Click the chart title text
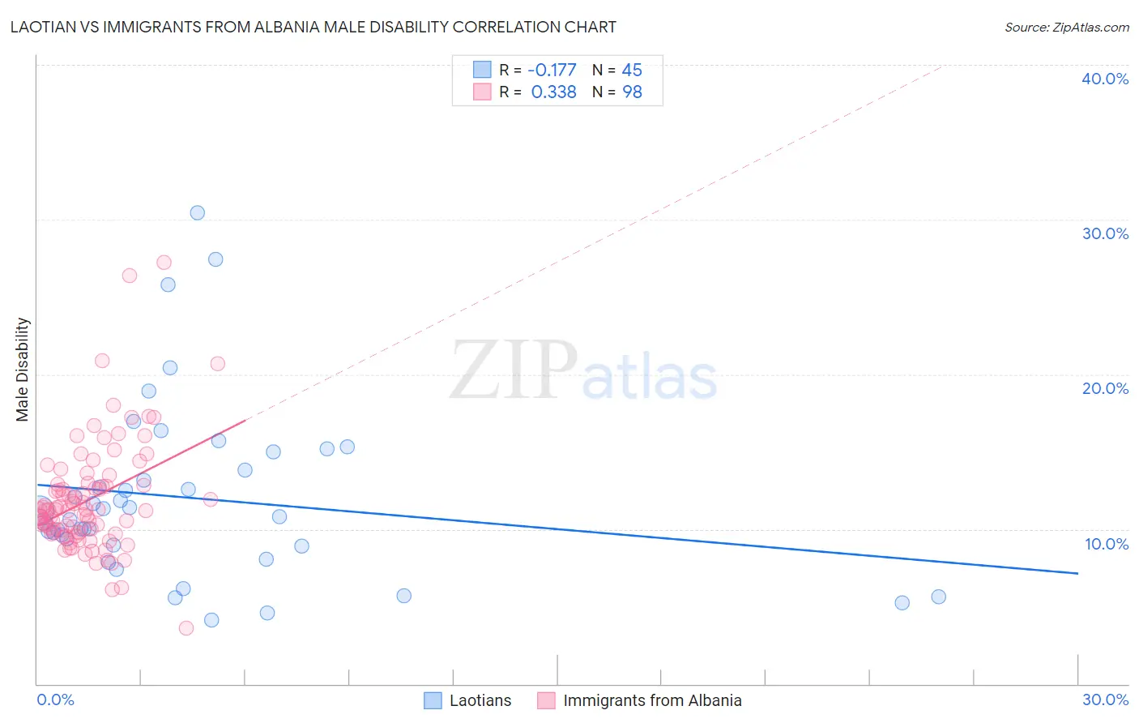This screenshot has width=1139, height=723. click(313, 27)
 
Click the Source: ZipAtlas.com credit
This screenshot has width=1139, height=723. click(1066, 28)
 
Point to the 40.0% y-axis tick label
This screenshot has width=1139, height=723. click(1105, 79)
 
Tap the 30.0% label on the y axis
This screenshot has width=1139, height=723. click(1105, 233)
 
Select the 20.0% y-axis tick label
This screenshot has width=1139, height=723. click(1105, 388)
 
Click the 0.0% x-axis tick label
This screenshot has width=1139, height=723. click(55, 699)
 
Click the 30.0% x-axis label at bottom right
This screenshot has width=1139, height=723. click(1105, 699)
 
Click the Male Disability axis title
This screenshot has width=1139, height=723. click(22, 369)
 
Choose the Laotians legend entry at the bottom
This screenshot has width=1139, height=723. click(480, 700)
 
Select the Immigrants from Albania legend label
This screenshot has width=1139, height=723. click(652, 700)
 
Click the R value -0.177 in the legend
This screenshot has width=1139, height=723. click(552, 70)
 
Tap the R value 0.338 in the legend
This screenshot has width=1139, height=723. click(553, 92)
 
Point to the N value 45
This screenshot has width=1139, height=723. click(632, 70)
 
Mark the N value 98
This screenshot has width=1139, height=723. click(632, 92)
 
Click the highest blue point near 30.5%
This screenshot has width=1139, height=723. click(197, 212)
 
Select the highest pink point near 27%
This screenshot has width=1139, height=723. click(164, 262)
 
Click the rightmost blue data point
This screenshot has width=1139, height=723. click(938, 597)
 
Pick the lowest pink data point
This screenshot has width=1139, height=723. click(186, 628)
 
